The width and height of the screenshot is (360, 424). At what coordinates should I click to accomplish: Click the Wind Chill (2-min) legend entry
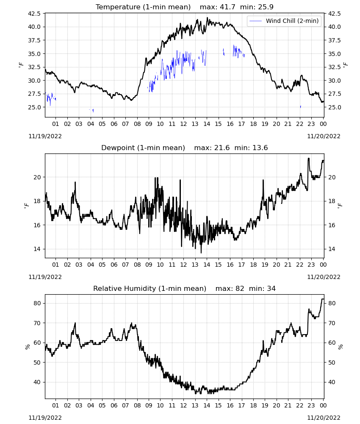[284, 21]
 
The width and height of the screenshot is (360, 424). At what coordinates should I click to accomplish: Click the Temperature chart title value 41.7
[227, 7]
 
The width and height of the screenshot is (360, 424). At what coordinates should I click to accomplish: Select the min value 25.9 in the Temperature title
[266, 7]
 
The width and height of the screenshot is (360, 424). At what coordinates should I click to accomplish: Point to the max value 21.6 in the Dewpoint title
[222, 148]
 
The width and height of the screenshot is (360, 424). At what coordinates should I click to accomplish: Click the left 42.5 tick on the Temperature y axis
[34, 14]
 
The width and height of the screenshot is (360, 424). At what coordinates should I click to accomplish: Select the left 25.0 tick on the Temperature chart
[34, 107]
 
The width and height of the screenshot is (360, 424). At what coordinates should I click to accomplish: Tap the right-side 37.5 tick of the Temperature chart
[334, 40]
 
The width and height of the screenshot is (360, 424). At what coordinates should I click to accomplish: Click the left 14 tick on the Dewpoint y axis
[37, 249]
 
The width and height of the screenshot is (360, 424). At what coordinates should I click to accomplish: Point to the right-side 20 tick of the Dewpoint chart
[332, 177]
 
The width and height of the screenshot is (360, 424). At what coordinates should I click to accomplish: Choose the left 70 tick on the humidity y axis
[37, 323]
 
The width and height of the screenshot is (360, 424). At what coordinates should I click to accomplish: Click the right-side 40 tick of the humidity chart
[332, 382]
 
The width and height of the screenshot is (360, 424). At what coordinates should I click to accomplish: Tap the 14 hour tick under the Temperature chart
[207, 124]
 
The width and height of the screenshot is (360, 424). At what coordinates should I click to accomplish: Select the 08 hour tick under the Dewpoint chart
[137, 265]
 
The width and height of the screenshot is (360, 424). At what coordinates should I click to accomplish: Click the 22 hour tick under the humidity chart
[299, 405]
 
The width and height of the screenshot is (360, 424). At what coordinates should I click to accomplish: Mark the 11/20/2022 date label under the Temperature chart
[324, 136]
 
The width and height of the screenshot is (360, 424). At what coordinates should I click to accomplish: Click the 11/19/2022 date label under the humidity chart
[45, 418]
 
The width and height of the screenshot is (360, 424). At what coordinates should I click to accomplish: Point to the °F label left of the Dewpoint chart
[26, 206]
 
